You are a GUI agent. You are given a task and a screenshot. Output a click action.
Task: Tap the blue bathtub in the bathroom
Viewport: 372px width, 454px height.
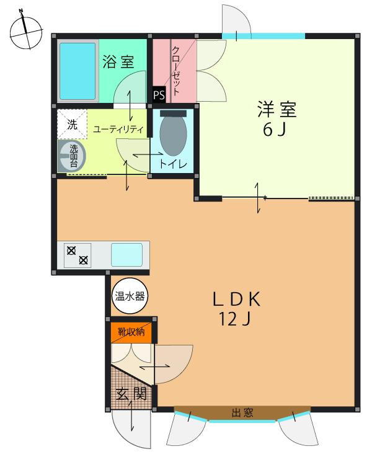[x=78, y=72]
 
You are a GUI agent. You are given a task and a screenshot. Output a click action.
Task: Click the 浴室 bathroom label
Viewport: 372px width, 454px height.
[x=118, y=63]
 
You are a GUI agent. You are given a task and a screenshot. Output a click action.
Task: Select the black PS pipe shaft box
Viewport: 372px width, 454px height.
[x=159, y=96]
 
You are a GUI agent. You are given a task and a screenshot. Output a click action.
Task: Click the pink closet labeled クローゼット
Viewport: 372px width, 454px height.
[x=174, y=70]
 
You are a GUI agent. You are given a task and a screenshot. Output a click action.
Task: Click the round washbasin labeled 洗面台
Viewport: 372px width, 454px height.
[x=71, y=155]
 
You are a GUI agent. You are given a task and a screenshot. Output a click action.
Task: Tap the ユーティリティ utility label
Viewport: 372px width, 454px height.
[x=118, y=130]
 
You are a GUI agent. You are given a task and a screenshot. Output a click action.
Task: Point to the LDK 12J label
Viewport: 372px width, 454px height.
[x=237, y=309]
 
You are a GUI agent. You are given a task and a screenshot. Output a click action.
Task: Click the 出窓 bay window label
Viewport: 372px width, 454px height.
[x=242, y=412]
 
